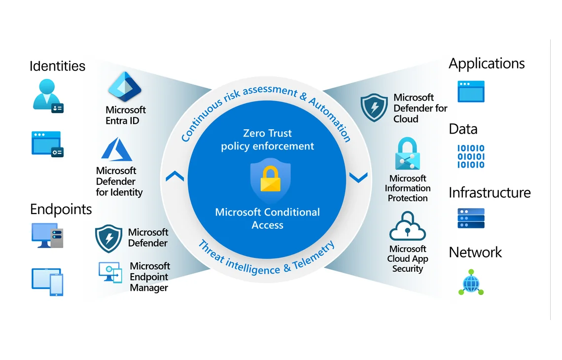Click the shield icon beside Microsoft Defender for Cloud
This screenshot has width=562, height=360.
click(374, 108)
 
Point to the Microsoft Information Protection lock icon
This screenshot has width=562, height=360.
click(408, 153)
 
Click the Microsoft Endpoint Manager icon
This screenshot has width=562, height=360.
click(110, 273)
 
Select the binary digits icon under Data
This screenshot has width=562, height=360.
click(471, 156)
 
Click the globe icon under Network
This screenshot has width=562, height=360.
click(471, 283)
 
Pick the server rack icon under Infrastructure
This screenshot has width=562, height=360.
click(471, 218)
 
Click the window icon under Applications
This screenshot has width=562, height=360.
click(471, 91)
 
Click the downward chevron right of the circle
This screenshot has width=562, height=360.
click(358, 178)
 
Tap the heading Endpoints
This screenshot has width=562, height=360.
click(61, 210)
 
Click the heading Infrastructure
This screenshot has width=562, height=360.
click(490, 193)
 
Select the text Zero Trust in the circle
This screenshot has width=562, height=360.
click(267, 133)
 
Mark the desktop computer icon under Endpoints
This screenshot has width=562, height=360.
click(47, 236)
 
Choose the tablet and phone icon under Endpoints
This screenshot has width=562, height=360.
click(47, 282)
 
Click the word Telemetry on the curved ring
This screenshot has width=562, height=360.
click(314, 255)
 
